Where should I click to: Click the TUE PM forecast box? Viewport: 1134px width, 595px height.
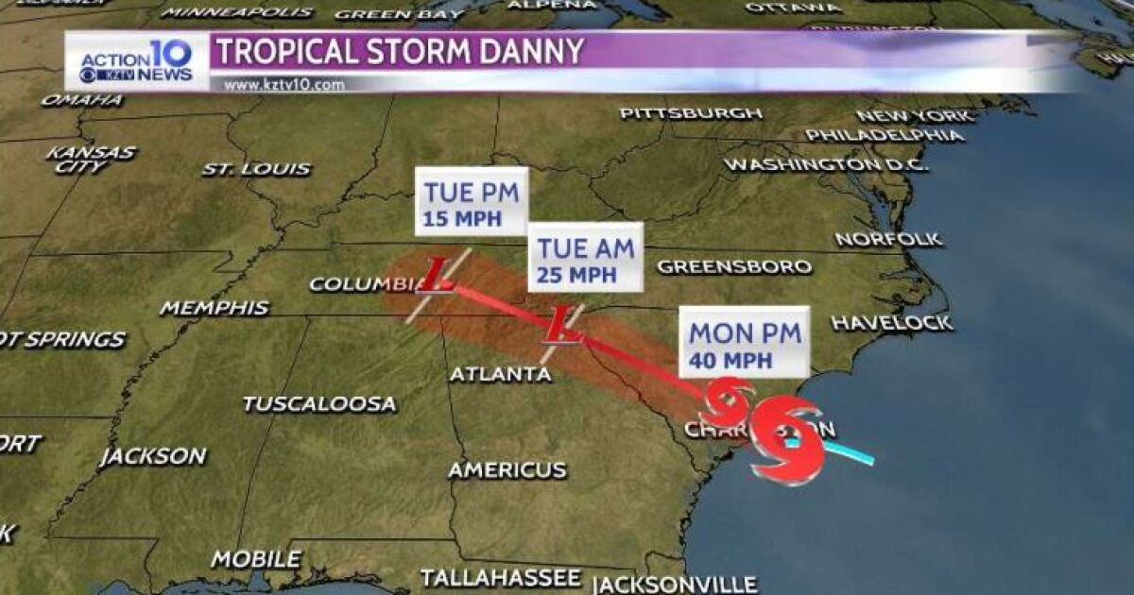click(x=472, y=205)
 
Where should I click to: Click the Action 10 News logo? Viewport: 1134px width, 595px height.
click(x=137, y=62)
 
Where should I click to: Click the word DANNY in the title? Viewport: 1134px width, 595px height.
click(x=524, y=51)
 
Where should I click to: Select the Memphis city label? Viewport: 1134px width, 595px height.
click(x=215, y=308)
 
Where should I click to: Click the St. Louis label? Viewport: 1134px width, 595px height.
click(x=256, y=170)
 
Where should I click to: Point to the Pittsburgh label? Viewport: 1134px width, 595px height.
click(x=691, y=113)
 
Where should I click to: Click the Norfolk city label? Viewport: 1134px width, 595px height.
click(x=888, y=239)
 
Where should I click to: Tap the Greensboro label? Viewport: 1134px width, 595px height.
click(x=734, y=266)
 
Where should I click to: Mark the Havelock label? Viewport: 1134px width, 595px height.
click(x=891, y=323)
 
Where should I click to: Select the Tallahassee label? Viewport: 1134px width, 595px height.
click(x=501, y=577)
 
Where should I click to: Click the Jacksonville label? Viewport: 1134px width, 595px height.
click(x=675, y=585)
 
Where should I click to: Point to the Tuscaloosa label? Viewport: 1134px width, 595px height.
click(x=319, y=404)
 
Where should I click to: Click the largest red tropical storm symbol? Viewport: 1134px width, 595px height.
click(x=788, y=439)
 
